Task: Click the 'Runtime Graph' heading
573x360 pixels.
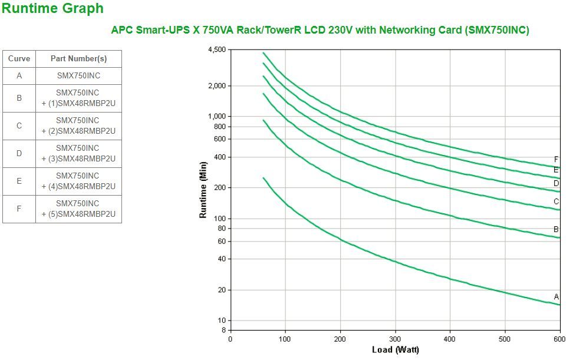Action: [53, 9]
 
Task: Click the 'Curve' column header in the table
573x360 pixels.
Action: [19, 59]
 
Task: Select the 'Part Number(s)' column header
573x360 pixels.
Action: [78, 59]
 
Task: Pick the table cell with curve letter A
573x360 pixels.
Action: [19, 76]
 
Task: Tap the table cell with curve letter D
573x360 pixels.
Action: [19, 153]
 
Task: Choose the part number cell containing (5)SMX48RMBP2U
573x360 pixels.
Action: [78, 209]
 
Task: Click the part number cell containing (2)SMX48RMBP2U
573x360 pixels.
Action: [78, 125]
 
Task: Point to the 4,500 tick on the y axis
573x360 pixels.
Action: [216, 50]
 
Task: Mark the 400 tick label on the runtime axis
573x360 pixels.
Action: [219, 157]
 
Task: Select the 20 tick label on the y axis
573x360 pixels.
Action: [221, 290]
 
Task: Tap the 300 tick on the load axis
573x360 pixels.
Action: [395, 339]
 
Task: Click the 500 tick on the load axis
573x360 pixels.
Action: [505, 339]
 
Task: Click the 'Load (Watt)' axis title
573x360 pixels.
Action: [395, 350]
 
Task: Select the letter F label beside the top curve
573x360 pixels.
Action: [556, 159]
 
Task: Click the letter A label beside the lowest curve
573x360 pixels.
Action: [556, 296]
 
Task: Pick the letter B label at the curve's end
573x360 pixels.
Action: [556, 229]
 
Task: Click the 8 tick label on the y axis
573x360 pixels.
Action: [223, 330]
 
